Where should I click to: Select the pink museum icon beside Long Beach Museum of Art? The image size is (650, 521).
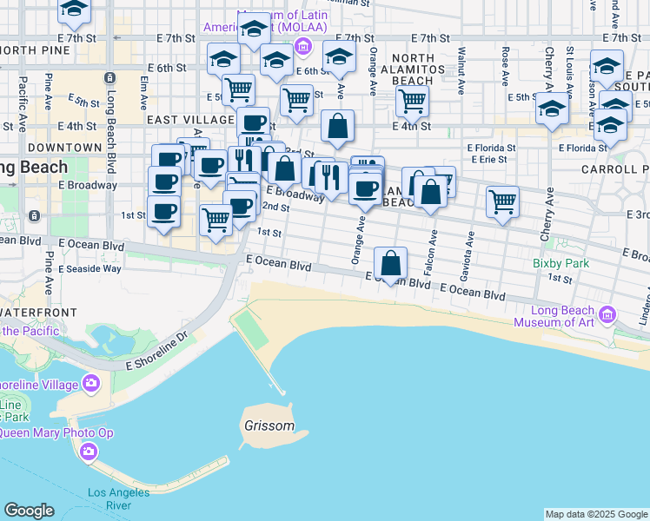click(x=607, y=313)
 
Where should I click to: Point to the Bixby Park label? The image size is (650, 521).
click(x=561, y=263)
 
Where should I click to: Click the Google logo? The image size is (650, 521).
click(x=29, y=511)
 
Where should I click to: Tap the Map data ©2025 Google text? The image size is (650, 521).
click(x=596, y=514)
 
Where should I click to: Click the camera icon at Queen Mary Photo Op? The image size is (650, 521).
click(x=89, y=452)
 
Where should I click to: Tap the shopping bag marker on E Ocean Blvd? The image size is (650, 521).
click(x=392, y=261)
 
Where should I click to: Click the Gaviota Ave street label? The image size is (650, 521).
click(x=471, y=248)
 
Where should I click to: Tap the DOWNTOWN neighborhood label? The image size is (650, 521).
click(x=63, y=148)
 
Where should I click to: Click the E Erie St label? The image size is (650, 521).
click(x=492, y=159)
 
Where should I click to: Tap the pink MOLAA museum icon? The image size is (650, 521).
click(x=302, y=46)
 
